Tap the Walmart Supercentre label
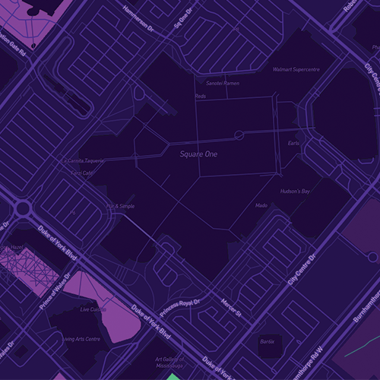click(296, 70)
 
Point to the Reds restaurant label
click(201, 97)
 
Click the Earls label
click(294, 143)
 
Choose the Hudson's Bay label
click(295, 192)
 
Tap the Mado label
click(261, 205)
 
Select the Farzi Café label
click(81, 173)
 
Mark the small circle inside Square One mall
click(239, 135)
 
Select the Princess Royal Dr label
click(181, 306)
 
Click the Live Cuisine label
click(94, 309)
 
